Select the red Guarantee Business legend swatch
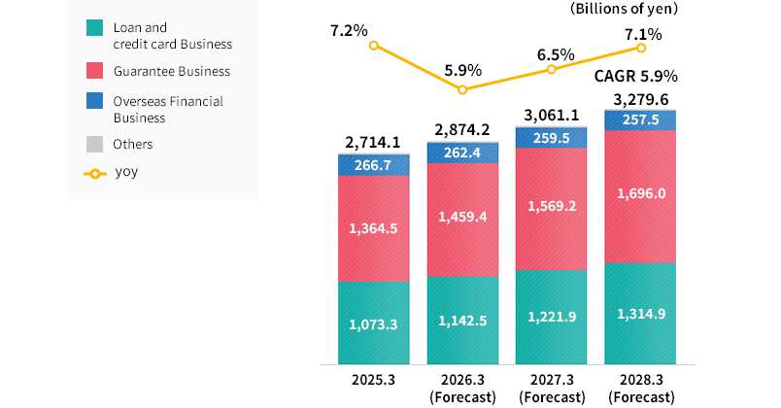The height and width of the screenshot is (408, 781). [x=94, y=70]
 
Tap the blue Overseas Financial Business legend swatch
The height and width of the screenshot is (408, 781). [x=94, y=102]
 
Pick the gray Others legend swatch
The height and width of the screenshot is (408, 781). [x=94, y=144]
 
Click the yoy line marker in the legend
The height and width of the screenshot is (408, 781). [x=94, y=175]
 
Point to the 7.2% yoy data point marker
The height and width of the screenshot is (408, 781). [x=374, y=46]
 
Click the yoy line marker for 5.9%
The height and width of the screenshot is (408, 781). [x=462, y=89]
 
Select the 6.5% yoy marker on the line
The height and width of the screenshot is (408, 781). [x=552, y=69]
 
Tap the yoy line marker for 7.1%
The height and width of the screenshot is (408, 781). [x=640, y=47]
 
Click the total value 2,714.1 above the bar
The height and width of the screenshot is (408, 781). [x=373, y=143]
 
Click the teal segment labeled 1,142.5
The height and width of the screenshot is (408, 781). [x=462, y=320]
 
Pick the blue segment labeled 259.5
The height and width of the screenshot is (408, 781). [x=551, y=138]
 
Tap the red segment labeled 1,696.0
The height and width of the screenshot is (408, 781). [x=640, y=194]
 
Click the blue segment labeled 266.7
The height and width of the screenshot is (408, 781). [x=373, y=165]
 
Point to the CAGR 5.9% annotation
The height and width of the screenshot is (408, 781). [x=636, y=76]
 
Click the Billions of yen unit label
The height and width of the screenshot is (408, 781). [x=624, y=9]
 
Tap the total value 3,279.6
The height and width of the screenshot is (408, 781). [x=640, y=98]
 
